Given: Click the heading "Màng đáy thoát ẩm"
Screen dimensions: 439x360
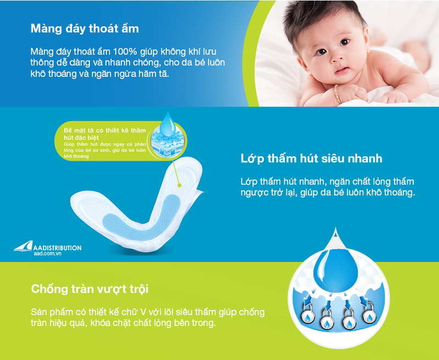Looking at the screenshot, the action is click(85, 29).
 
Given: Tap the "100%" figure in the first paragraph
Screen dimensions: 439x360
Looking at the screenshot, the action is click(125, 52).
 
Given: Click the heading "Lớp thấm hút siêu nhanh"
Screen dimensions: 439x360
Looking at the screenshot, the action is click(311, 159).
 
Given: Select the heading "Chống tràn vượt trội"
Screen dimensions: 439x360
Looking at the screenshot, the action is click(89, 289).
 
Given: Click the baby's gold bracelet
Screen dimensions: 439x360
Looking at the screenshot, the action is click(337, 94).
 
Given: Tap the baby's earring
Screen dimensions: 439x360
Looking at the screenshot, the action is click(309, 76).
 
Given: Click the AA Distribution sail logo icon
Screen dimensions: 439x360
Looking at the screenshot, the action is click(23, 246).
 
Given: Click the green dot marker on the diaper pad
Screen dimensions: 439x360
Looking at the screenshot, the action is click(180, 185).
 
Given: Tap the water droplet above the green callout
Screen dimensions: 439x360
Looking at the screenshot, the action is click(168, 122).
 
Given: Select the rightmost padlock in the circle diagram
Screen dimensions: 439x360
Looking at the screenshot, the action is click(370, 314).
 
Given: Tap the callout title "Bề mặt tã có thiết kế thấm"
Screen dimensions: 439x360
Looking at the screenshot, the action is click(105, 131).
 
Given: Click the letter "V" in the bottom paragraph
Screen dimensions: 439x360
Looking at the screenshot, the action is click(143, 312).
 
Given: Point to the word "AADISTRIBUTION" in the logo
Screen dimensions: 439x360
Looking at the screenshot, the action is click(58, 248).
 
